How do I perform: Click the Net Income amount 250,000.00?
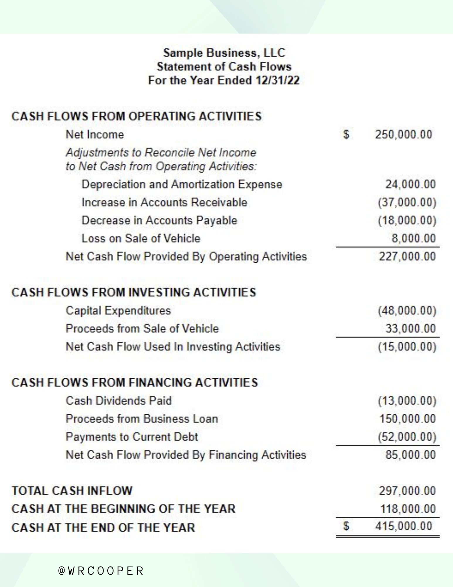click(403, 135)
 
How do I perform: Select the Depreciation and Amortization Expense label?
click(182, 185)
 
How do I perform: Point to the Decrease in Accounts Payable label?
click(159, 220)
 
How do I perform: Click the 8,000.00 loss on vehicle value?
click(414, 239)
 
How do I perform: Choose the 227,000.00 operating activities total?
click(407, 257)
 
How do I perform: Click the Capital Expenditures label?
click(118, 311)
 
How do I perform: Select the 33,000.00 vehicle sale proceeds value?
click(410, 329)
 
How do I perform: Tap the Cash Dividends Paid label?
click(119, 401)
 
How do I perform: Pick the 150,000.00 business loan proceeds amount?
click(408, 419)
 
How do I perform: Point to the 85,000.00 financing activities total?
click(410, 455)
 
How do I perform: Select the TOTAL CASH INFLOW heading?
click(72, 491)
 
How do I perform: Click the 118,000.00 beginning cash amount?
click(408, 509)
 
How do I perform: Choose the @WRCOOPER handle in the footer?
click(101, 571)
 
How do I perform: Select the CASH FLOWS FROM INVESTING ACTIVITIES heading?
click(134, 292)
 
